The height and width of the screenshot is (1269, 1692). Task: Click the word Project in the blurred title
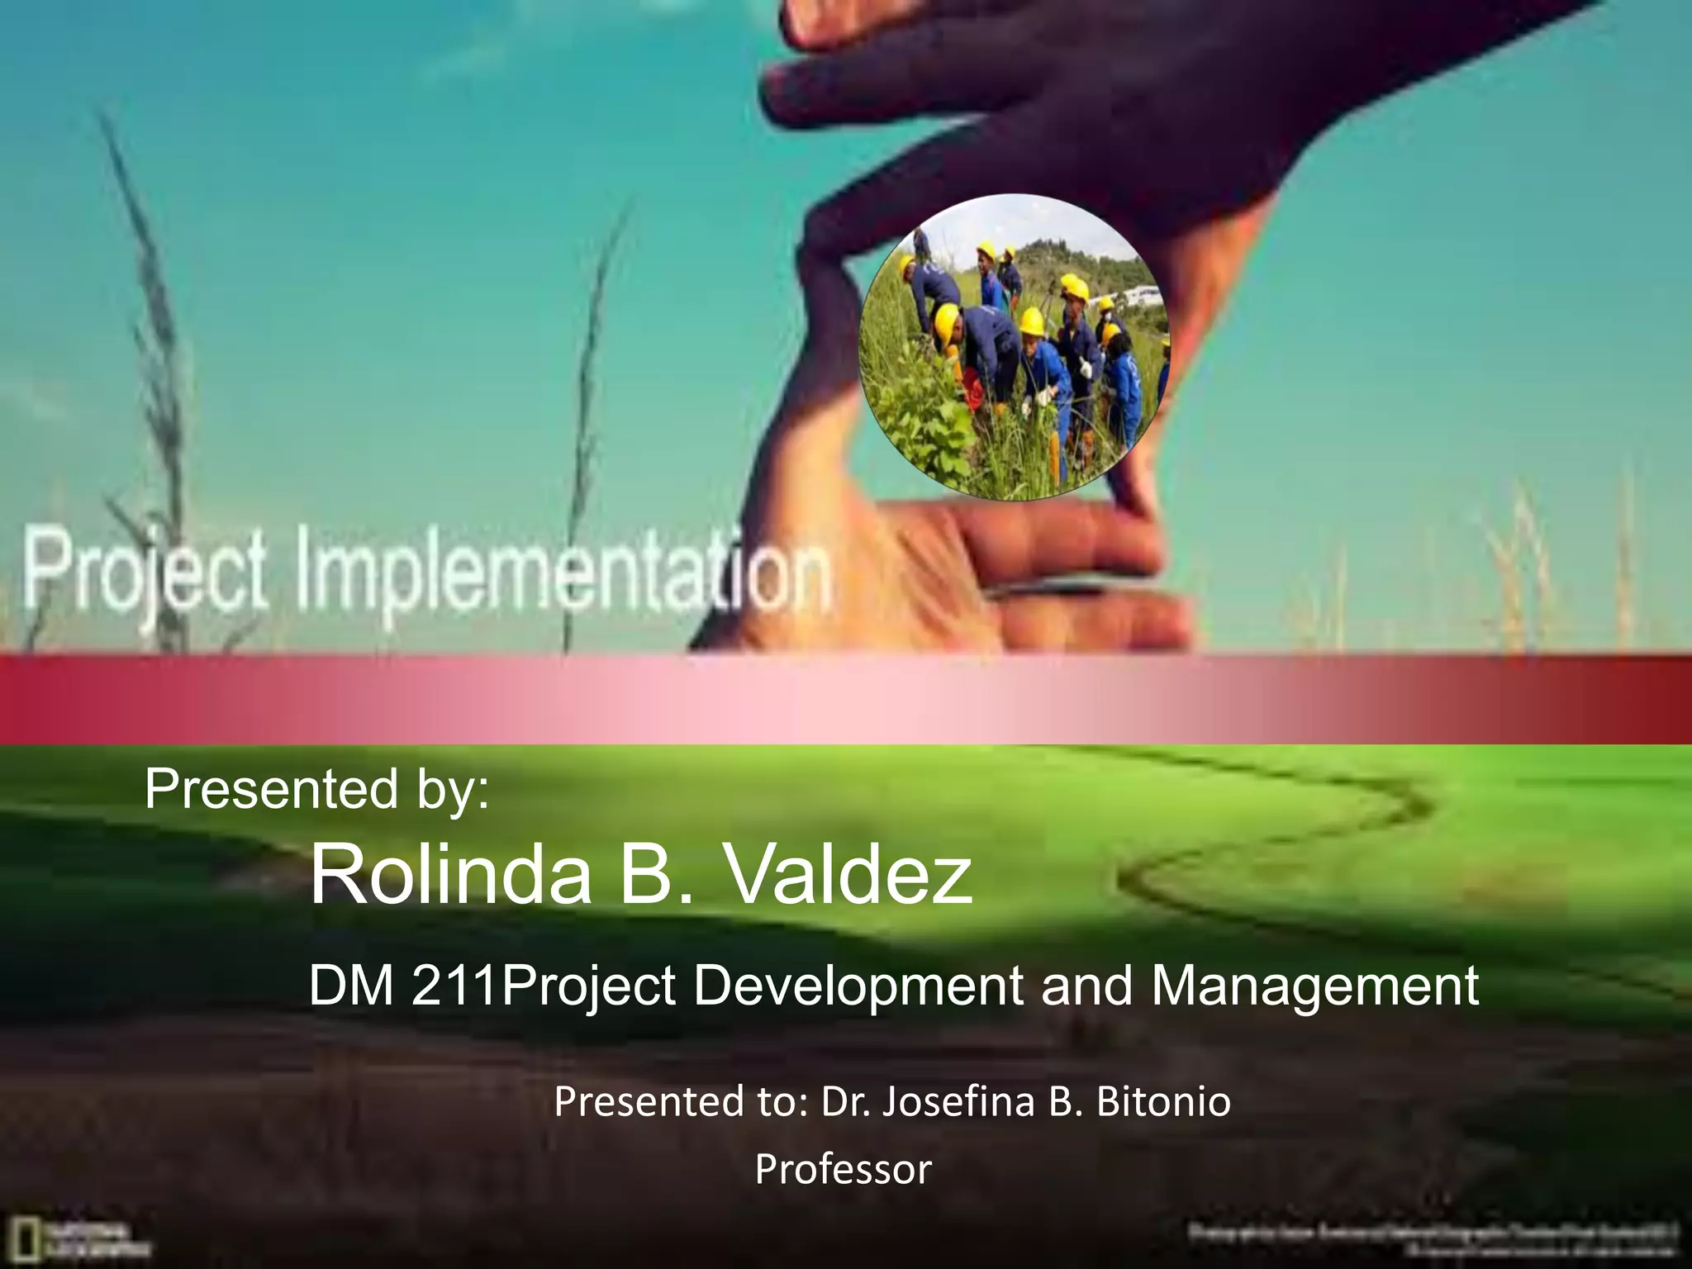[145, 570]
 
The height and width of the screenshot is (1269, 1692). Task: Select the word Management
[1314, 986]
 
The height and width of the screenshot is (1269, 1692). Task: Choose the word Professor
[843, 1169]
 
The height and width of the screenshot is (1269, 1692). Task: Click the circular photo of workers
[1015, 347]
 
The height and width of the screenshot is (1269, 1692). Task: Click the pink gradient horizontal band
[846, 699]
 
